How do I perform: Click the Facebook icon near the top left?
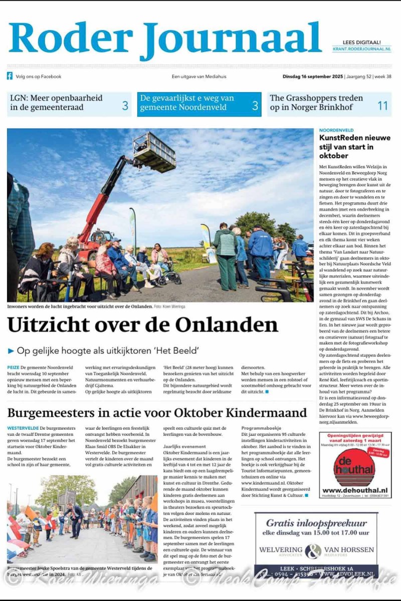10,77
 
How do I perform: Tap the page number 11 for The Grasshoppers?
382,105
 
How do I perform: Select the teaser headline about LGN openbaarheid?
56,103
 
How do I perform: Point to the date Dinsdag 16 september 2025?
313,77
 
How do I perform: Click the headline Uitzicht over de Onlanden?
142,325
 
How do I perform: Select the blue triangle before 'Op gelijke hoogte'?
11,351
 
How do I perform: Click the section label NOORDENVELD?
336,130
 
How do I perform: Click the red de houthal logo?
354,468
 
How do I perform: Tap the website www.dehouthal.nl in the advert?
354,490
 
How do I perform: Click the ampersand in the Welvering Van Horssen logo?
313,551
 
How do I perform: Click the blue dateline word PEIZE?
14,368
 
